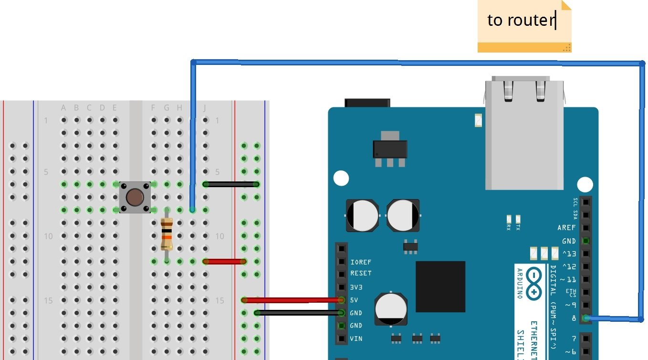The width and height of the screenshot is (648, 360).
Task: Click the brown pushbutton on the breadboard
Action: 135,197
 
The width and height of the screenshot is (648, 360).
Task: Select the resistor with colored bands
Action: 167,234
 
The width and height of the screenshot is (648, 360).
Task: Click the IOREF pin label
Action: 361,262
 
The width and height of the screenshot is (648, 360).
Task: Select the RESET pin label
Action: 361,274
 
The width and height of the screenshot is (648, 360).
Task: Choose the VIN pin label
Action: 356,339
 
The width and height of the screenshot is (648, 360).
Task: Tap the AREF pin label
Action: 566,228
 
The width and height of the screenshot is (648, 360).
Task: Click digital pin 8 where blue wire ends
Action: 585,318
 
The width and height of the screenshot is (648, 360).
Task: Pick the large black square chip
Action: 440,286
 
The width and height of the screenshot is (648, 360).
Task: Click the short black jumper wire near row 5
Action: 231,184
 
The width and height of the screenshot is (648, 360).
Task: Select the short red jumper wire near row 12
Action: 224,261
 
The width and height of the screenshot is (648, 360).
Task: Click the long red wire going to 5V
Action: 291,300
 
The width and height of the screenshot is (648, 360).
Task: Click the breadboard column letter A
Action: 63,108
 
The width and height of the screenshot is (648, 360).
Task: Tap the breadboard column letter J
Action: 205,108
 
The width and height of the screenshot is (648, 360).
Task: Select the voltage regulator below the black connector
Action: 390,149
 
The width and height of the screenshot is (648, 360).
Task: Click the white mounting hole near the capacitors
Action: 341,178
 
